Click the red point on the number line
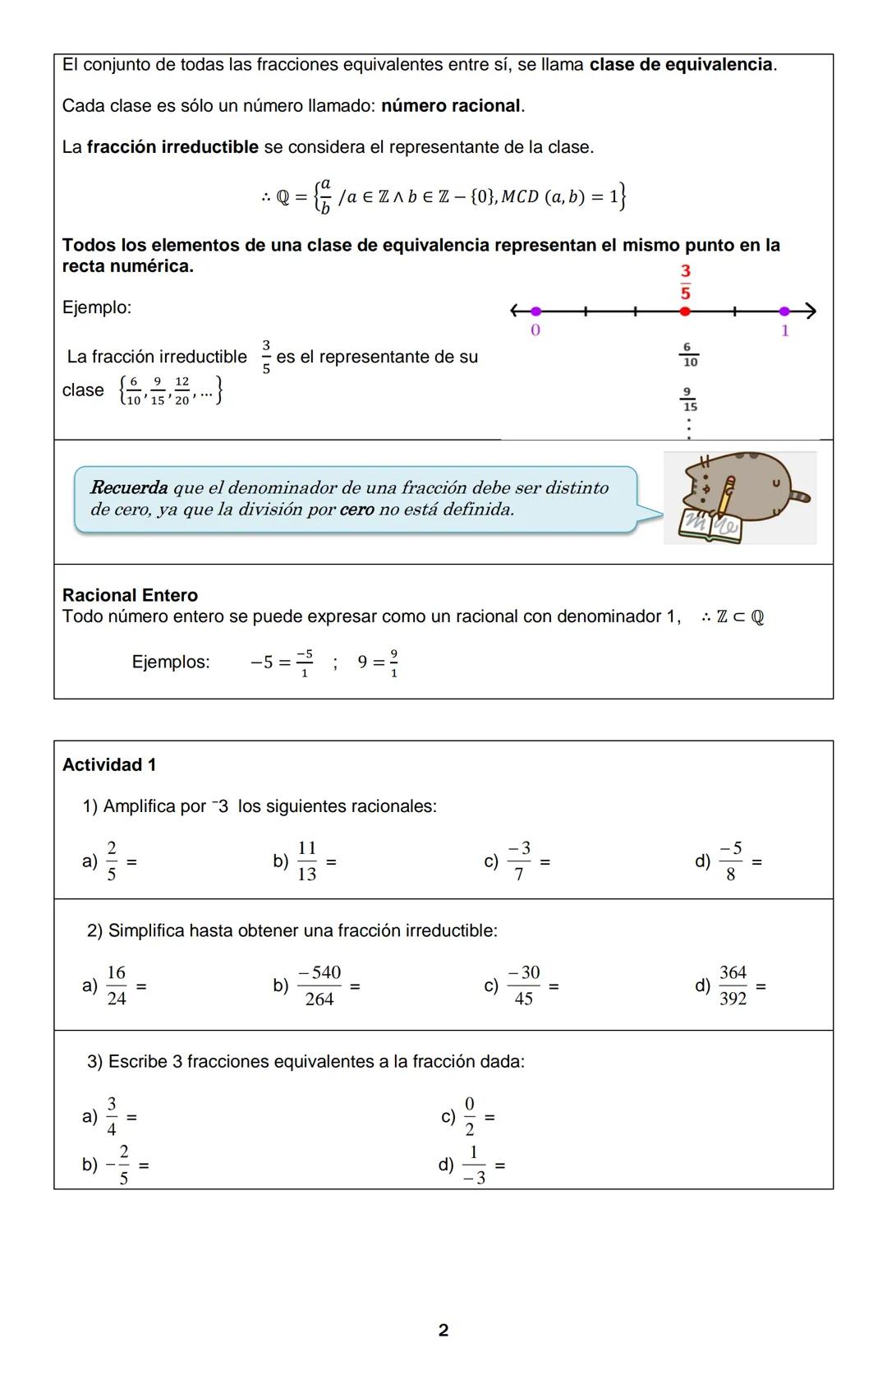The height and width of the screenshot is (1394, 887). pos(685,312)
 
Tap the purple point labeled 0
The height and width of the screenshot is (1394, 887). pos(535,312)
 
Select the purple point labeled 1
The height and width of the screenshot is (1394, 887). pos(784,312)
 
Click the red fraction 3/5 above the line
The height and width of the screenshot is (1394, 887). pos(685,282)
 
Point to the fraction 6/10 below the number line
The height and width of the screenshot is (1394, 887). pos(689,355)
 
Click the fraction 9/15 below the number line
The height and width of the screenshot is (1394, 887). pos(689,399)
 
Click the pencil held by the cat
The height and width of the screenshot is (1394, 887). pos(725,498)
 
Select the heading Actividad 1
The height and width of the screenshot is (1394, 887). pos(109,765)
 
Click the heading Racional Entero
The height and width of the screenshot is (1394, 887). pos(130,595)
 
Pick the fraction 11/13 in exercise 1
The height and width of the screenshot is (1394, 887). pos(306,861)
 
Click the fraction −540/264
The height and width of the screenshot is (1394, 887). pos(319,985)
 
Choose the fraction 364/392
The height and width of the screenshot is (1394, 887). pos(733,985)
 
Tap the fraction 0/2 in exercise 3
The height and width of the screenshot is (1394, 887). pos(470,1116)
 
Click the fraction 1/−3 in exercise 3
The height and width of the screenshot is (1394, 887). pos(474,1165)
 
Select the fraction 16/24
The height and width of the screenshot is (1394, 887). pos(117,985)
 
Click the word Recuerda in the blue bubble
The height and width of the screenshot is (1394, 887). pos(129,487)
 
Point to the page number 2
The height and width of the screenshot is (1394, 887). pos(443,1330)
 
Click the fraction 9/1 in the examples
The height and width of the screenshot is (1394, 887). pos(394,662)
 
